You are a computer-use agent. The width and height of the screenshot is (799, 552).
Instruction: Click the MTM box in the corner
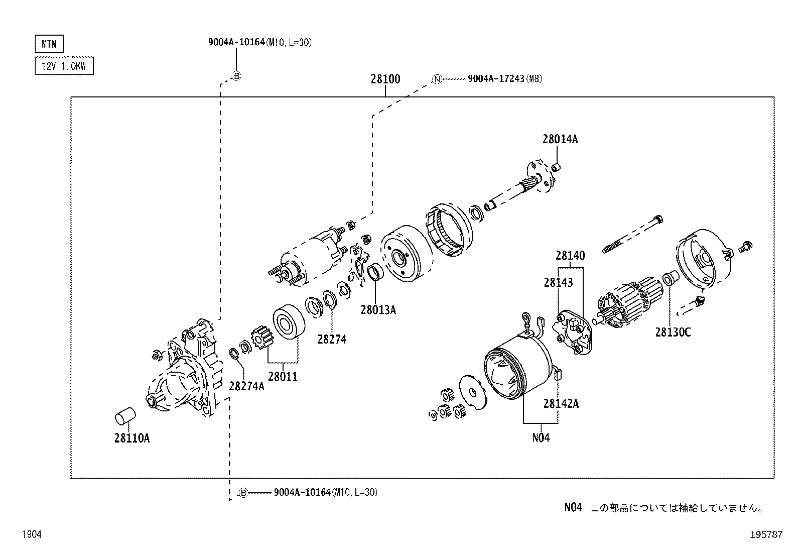pyautogui.click(x=49, y=44)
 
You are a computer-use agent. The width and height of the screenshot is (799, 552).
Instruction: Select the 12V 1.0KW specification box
pyautogui.click(x=64, y=66)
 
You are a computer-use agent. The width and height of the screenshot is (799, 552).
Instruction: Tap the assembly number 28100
pyautogui.click(x=385, y=79)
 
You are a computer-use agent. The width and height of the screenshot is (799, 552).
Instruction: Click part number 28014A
pyautogui.click(x=560, y=140)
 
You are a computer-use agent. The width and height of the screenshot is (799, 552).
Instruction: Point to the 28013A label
pyautogui.click(x=378, y=310)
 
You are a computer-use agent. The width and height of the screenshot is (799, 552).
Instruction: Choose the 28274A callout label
pyautogui.click(x=246, y=386)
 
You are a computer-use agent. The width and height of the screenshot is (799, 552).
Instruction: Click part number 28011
pyautogui.click(x=283, y=376)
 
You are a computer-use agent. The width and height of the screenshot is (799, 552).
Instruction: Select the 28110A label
pyautogui.click(x=131, y=438)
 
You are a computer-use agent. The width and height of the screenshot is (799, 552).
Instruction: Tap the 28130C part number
pyautogui.click(x=673, y=332)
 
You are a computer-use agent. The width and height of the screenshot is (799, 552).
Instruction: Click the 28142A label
pyautogui.click(x=561, y=403)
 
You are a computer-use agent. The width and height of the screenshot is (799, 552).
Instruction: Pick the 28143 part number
pyautogui.click(x=558, y=283)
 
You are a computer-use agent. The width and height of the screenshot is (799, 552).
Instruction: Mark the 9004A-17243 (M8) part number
pyautogui.click(x=504, y=79)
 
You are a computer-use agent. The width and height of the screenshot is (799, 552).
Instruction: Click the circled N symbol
pyautogui.click(x=437, y=79)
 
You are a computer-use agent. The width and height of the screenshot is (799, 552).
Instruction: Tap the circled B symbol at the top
pyautogui.click(x=236, y=76)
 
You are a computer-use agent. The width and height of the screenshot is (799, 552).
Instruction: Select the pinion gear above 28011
pyautogui.click(x=261, y=337)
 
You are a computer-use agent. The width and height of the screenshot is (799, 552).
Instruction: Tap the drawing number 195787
pyautogui.click(x=766, y=535)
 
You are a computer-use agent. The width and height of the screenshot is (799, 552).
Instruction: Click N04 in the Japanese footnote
pyautogui.click(x=573, y=508)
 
